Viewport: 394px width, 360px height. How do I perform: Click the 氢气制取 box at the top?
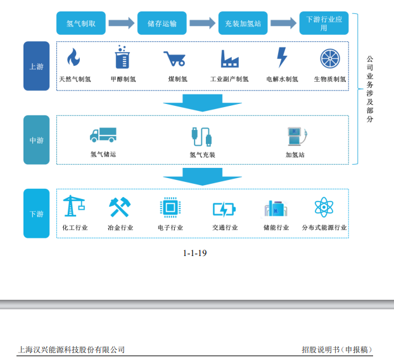click(x=80, y=23)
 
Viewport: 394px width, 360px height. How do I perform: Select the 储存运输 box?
click(x=162, y=23)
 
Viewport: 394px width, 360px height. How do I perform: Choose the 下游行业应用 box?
click(x=324, y=23)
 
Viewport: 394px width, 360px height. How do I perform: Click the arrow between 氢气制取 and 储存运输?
click(x=121, y=23)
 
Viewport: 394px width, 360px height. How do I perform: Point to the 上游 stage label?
click(x=36, y=67)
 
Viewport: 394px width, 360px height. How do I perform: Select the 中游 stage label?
click(x=36, y=140)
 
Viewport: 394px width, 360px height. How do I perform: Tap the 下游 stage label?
click(x=36, y=214)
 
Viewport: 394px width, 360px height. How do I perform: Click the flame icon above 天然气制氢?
click(x=74, y=58)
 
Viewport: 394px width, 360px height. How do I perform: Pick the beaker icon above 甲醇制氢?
click(x=122, y=57)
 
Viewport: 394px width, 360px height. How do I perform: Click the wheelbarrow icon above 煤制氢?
click(x=173, y=59)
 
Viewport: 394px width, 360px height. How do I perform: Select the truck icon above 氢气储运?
click(x=103, y=135)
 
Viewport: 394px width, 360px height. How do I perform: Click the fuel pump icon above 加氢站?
click(x=295, y=135)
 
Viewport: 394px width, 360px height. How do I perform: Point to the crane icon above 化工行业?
click(x=74, y=207)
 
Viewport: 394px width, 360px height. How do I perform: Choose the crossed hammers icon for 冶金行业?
click(x=120, y=207)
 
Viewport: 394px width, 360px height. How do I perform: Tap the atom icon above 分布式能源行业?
click(x=324, y=208)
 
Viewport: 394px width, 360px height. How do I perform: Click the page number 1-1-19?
click(x=195, y=253)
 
